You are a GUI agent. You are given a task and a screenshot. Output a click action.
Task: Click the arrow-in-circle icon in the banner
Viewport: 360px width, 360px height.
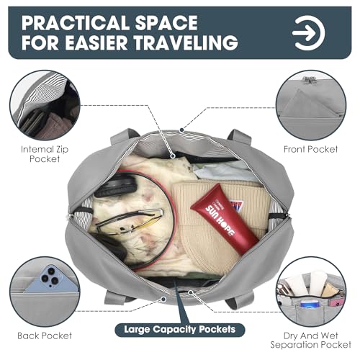point(309,33)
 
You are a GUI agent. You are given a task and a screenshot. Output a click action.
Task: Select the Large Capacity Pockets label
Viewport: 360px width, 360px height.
point(180,330)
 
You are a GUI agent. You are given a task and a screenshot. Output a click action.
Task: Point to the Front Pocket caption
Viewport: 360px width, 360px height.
point(311,149)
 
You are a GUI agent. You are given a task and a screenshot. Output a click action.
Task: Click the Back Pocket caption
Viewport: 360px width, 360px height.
point(45,336)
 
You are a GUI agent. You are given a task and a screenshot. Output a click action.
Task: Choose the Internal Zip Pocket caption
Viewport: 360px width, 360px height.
point(45,154)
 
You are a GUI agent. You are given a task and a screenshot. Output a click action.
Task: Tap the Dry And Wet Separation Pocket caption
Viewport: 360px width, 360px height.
point(311,340)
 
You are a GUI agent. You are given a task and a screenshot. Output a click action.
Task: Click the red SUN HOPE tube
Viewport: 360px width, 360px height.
point(225,220)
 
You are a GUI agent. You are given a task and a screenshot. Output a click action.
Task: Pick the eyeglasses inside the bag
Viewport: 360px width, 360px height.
point(130,221)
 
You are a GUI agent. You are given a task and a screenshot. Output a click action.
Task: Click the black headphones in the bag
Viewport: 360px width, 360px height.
point(115,186)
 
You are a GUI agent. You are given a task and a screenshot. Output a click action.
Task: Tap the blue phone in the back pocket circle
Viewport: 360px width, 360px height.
point(52,279)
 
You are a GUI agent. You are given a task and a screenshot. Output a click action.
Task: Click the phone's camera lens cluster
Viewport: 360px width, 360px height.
point(51,276)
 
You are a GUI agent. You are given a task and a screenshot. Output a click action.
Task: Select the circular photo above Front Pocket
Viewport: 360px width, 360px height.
point(311,105)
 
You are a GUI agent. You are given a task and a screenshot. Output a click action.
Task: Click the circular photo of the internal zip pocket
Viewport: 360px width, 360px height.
point(45,105)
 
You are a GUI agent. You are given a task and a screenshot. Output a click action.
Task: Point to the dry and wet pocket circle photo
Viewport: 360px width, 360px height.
point(311,292)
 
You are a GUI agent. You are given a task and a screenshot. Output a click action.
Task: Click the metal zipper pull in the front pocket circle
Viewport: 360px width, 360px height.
point(309,80)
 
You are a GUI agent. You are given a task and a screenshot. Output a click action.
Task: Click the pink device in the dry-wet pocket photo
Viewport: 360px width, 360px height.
point(335,303)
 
